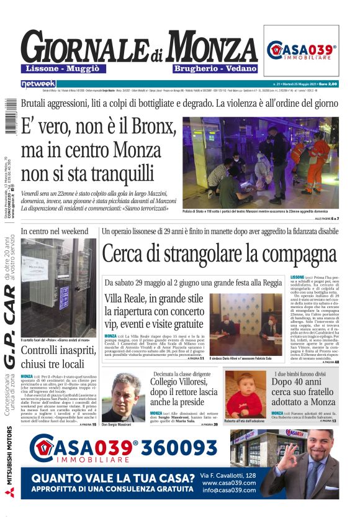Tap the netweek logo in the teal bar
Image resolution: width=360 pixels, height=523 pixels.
click(38, 83)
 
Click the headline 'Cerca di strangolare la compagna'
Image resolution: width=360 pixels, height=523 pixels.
click(220, 253)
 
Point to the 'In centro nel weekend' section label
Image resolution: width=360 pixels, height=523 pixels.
click(55, 232)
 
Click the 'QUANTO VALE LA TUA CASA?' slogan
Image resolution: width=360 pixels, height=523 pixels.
click(113, 478)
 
